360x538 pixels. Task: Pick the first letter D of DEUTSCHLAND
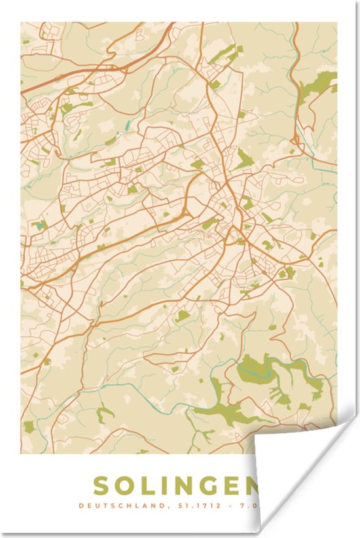pyautogui.click(x=81, y=505)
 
